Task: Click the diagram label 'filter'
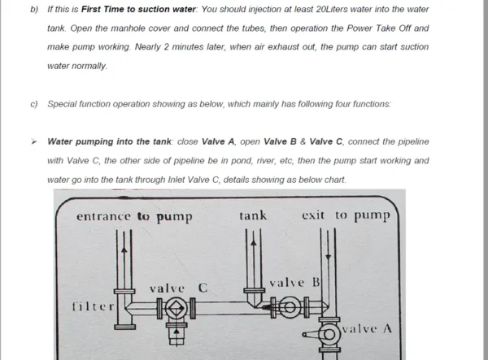[x=93, y=306]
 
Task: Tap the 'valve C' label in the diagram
[x=178, y=288]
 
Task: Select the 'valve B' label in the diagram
[x=294, y=283]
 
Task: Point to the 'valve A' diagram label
[x=367, y=328]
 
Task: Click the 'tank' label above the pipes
[x=253, y=215]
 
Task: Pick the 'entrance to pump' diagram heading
[x=134, y=216]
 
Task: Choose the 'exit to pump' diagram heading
[x=346, y=215]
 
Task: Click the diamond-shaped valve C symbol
[x=176, y=308]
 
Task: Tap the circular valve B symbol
[x=290, y=307]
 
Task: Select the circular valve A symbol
[x=329, y=335]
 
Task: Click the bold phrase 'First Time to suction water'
[x=138, y=9]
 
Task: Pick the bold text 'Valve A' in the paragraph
[x=218, y=141]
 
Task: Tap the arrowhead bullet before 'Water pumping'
[x=33, y=142]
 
